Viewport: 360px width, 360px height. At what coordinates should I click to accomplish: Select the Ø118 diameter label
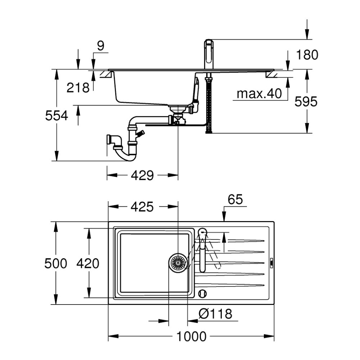click(x=215, y=314)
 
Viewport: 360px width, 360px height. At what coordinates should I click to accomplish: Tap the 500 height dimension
click(x=55, y=264)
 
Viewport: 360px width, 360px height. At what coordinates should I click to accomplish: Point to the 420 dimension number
click(x=87, y=264)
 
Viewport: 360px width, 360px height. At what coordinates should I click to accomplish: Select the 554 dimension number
click(x=56, y=116)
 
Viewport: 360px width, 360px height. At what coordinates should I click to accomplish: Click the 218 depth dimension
click(x=78, y=87)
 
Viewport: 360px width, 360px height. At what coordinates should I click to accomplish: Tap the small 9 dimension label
click(x=100, y=46)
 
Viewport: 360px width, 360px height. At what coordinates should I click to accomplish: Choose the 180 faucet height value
click(x=307, y=55)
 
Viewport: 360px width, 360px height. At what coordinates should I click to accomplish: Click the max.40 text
click(x=259, y=94)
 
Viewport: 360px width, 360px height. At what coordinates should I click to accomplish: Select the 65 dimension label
click(x=235, y=199)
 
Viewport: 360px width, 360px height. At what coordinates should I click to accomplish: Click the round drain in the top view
click(x=178, y=261)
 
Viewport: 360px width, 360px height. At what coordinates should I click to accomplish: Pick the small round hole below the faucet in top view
click(x=203, y=293)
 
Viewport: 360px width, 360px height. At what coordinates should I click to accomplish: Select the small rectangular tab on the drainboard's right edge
click(x=272, y=262)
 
